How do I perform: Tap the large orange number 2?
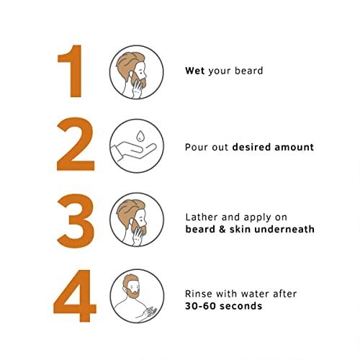click(x=76, y=144)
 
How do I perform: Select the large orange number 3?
click(x=76, y=221)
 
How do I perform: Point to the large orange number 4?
click(x=75, y=296)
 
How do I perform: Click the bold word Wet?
click(x=195, y=71)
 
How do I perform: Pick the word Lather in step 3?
click(x=202, y=217)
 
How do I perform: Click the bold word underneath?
click(x=284, y=229)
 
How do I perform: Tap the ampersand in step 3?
click(x=222, y=229)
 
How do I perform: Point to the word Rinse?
click(x=199, y=294)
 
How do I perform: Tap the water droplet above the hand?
click(x=140, y=136)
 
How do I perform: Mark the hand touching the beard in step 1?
click(x=138, y=89)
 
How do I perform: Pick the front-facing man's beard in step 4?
click(x=132, y=293)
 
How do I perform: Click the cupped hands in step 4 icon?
click(x=149, y=312)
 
